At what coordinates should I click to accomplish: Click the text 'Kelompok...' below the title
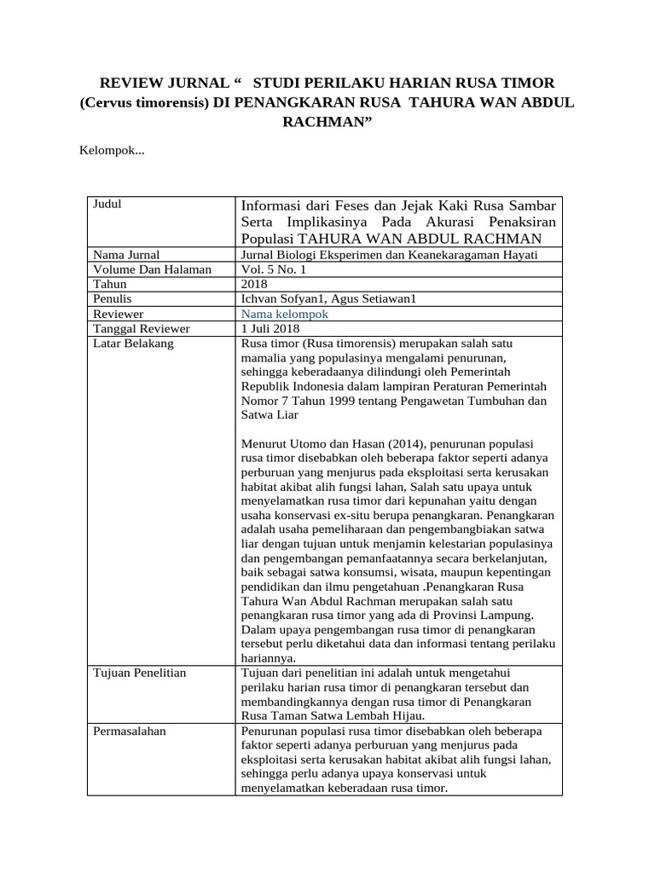(x=112, y=151)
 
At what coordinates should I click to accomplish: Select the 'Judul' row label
(x=108, y=205)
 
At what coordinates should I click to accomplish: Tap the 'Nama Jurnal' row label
(x=127, y=255)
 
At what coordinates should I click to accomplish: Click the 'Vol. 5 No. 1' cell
(x=273, y=269)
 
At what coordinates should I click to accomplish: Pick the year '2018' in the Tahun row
(x=255, y=284)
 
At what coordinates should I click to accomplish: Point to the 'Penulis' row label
(x=113, y=298)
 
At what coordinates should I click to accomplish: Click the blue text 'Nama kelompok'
(x=285, y=314)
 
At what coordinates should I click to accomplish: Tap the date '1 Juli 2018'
(x=270, y=328)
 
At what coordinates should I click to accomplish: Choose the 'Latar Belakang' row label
(x=134, y=343)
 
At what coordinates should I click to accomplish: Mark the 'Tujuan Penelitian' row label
(x=140, y=674)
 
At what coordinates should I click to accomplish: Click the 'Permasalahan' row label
(x=130, y=731)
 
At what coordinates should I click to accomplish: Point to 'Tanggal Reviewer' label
(x=142, y=328)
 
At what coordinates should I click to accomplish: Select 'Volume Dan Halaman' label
(x=152, y=269)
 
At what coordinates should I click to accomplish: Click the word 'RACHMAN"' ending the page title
(x=327, y=122)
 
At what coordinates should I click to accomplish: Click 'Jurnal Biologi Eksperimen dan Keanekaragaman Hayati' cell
(x=390, y=255)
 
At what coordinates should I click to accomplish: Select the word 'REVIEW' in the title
(x=131, y=82)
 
